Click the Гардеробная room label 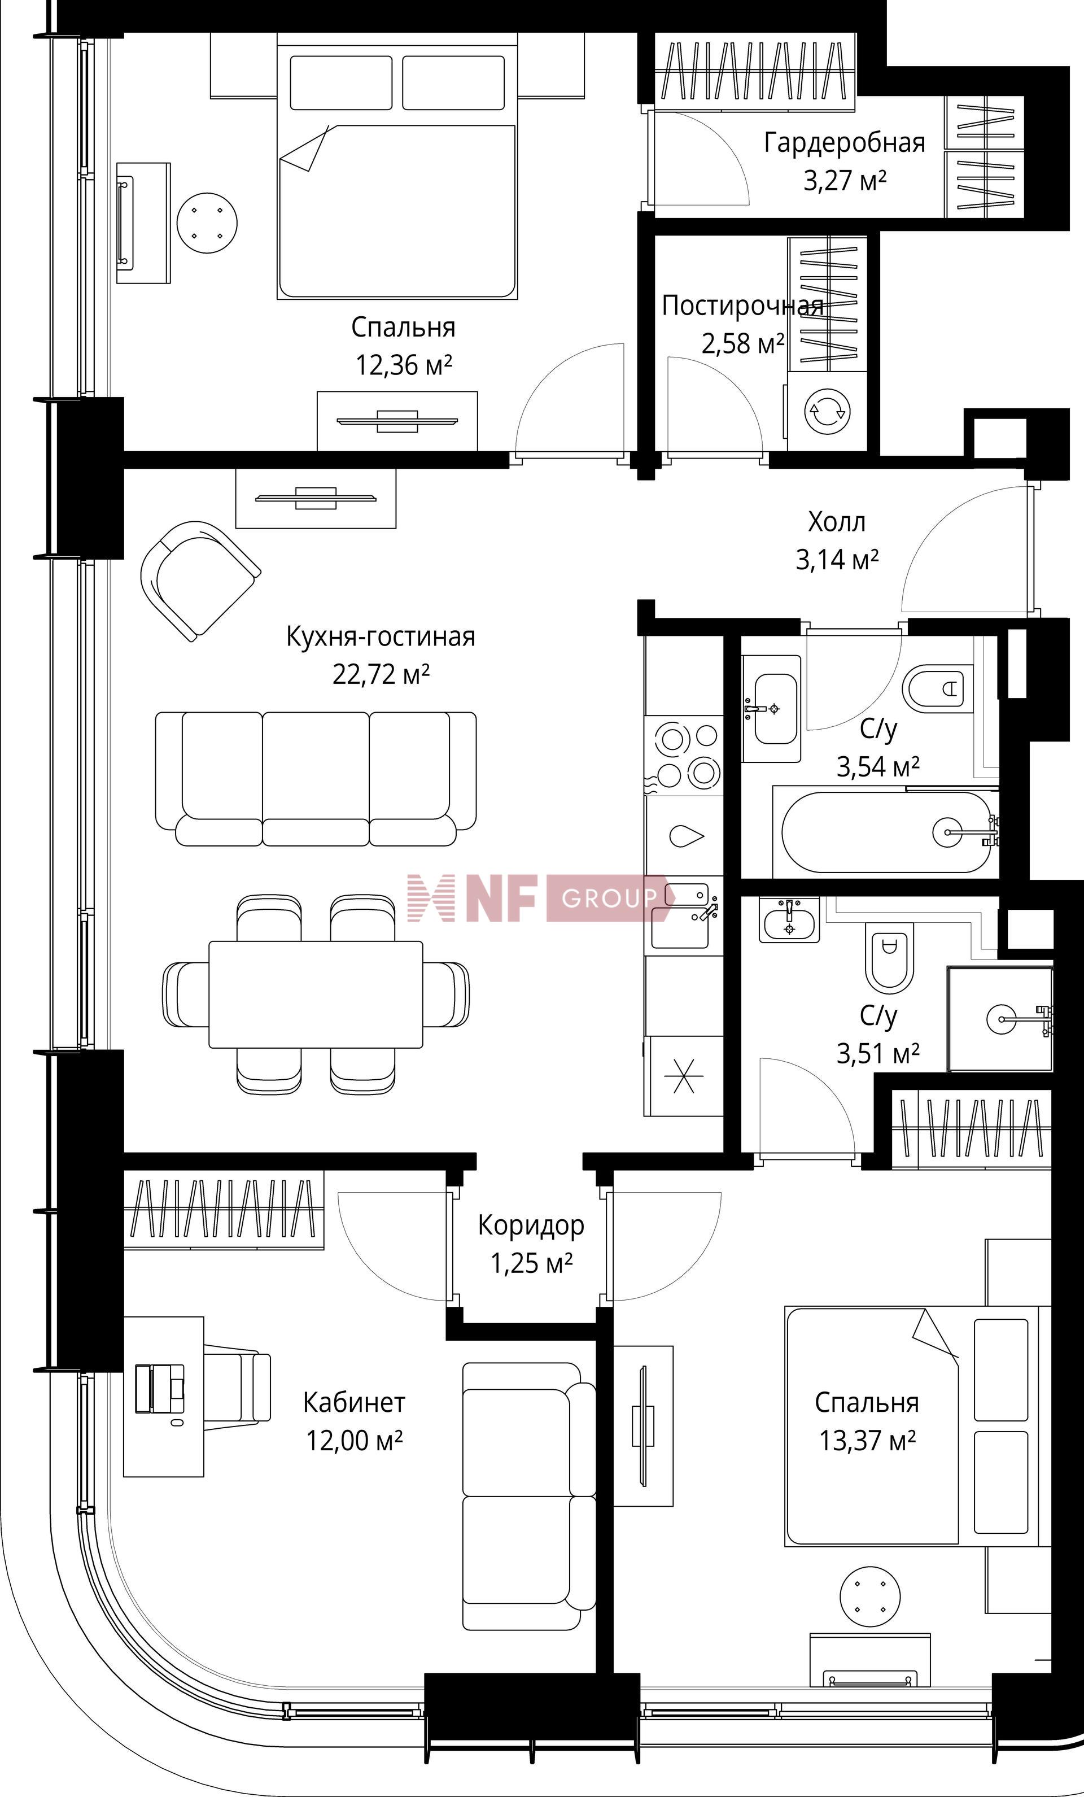[x=844, y=143]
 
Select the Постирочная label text [x=742, y=306]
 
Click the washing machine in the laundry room [x=827, y=411]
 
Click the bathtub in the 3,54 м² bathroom [x=886, y=832]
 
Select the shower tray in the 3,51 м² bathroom [x=1000, y=1019]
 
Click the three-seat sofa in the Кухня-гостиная [x=316, y=778]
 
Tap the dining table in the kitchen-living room [x=316, y=994]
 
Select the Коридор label [x=531, y=1225]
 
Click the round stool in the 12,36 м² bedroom [x=208, y=223]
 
